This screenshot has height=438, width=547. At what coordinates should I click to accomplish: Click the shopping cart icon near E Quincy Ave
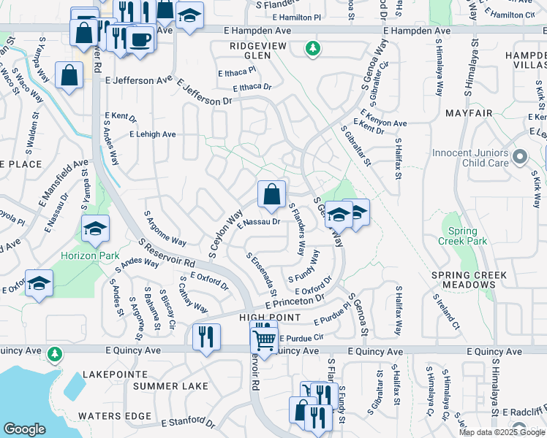(264, 339)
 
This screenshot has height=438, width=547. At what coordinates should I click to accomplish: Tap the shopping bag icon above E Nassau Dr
(271, 194)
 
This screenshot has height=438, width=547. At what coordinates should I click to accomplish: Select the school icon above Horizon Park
(95, 230)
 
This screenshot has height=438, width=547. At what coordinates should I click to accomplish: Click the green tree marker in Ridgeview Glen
(313, 49)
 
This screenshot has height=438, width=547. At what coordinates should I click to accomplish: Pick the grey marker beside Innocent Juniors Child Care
(520, 157)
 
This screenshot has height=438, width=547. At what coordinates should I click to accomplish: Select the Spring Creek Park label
(462, 235)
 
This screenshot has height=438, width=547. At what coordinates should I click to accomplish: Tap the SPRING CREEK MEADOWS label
(469, 280)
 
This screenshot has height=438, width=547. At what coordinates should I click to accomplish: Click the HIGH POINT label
(270, 318)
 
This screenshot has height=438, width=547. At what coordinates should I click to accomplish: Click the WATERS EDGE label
(109, 416)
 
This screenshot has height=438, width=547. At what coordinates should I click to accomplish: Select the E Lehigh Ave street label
(152, 134)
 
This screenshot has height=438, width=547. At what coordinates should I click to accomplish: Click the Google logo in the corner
(24, 429)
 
